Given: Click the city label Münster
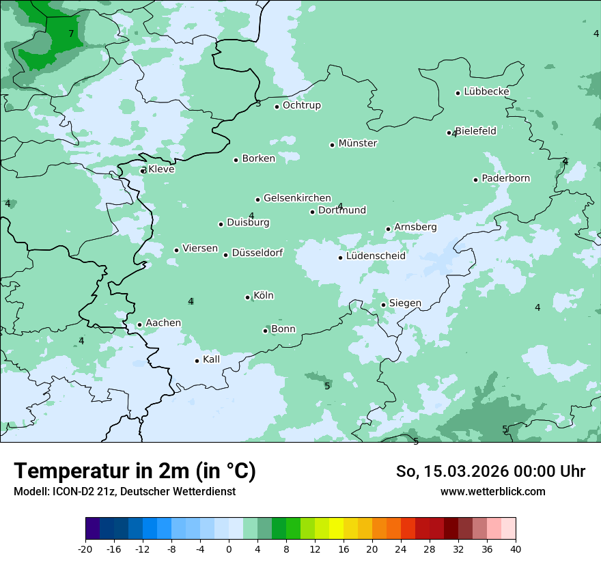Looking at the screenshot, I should click(358, 143).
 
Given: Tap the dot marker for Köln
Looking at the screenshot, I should click(248, 297).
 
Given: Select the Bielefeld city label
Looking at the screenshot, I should click(476, 130).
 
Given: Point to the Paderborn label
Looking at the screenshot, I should click(506, 178).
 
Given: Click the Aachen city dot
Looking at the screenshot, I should click(139, 325).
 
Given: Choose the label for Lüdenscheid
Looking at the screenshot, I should click(376, 256).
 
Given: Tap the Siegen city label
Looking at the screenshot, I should click(405, 303).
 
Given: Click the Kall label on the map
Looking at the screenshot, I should click(212, 359).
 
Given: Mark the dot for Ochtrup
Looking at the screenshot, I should click(277, 107).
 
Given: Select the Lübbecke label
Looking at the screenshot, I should click(486, 92).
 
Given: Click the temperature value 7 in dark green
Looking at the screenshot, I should click(71, 33).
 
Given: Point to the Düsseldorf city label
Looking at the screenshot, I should click(257, 253).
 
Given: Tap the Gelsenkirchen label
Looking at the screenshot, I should click(297, 198).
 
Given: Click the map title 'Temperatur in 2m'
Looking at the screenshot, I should click(135, 471).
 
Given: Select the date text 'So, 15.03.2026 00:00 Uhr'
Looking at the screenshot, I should click(490, 471).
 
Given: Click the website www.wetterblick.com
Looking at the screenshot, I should click(492, 491).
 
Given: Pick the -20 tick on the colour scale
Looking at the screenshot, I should click(85, 549).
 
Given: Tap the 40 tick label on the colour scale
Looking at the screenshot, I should click(516, 549).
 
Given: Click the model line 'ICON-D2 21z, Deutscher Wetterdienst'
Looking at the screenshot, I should click(124, 491).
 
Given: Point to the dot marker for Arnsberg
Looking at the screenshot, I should click(388, 230).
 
